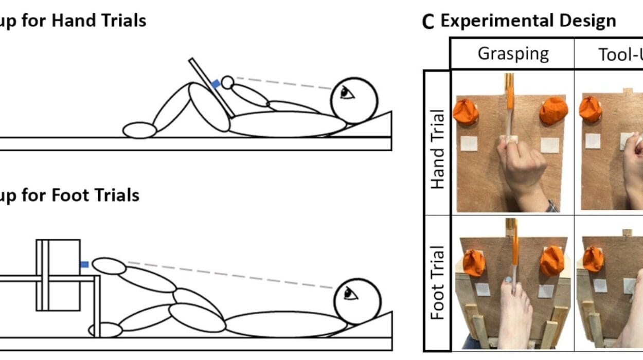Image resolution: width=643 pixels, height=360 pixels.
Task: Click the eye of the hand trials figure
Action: [x=346, y=93]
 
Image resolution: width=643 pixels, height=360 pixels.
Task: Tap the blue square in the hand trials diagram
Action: [x=216, y=83]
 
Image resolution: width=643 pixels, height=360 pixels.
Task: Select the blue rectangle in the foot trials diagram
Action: [x=85, y=264]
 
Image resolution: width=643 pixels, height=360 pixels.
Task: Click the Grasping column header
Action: [x=513, y=53]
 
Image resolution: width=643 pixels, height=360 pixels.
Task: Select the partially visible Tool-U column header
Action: [x=620, y=53]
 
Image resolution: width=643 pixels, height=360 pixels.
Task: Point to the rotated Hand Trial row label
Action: [x=437, y=149]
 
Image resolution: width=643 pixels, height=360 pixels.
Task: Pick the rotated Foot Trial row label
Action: [x=437, y=283]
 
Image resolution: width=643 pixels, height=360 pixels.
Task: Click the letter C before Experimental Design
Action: [x=427, y=22]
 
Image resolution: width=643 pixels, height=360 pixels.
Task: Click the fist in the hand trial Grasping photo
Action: [x=522, y=170]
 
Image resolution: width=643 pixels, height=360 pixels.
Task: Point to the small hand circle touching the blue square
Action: [x=227, y=82]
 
